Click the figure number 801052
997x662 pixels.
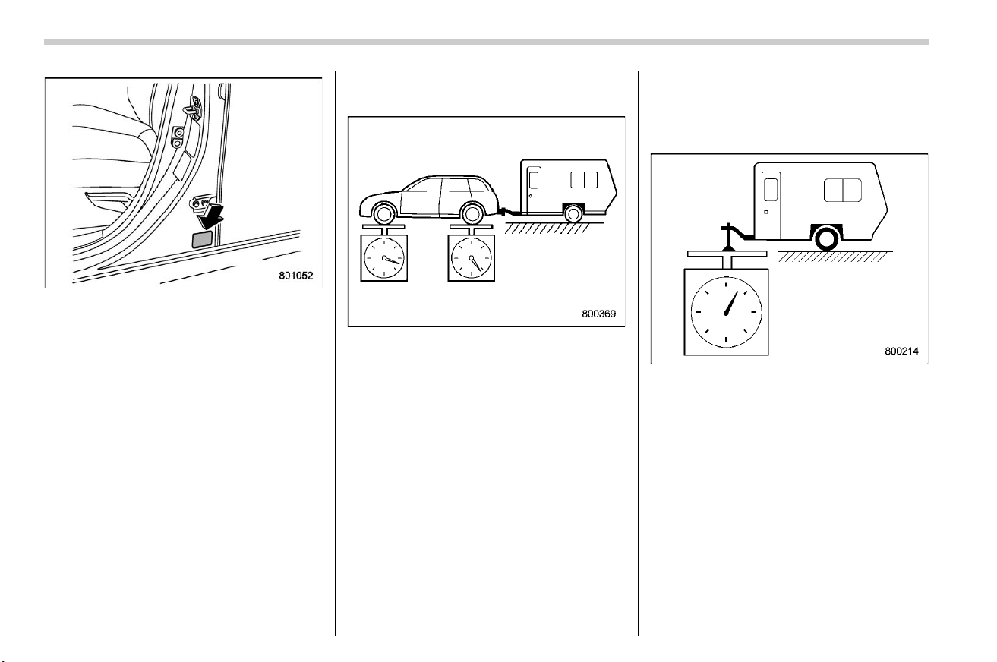(295, 276)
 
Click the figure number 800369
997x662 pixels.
(598, 314)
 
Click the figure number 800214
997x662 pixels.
(901, 351)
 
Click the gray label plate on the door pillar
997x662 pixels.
(202, 239)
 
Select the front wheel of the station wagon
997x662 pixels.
(384, 213)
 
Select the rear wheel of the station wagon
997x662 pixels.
(472, 213)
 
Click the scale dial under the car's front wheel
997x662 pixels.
(383, 258)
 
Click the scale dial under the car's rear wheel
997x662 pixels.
(472, 258)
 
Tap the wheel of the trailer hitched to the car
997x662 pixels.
(574, 214)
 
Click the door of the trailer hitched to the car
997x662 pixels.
(534, 190)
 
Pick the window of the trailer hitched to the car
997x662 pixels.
(584, 180)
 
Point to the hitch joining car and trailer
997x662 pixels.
(507, 212)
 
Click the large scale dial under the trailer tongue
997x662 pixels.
(726, 312)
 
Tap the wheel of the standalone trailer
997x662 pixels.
(827, 238)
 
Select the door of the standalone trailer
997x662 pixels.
(771, 204)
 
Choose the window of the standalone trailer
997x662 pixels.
(843, 191)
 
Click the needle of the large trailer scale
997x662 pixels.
(731, 303)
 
